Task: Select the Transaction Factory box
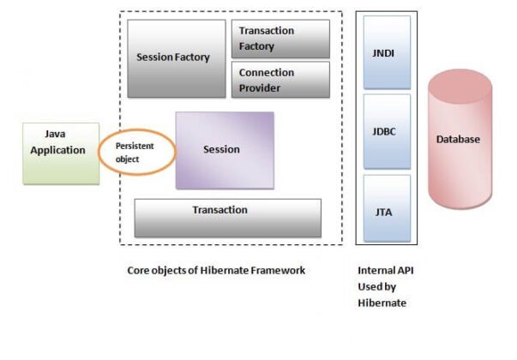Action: [280, 39]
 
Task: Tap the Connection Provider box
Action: [280, 80]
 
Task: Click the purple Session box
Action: [225, 150]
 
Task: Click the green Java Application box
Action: [59, 153]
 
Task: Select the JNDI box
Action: [387, 52]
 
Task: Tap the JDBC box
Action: [387, 131]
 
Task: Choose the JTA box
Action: [387, 208]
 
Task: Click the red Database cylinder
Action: [460, 141]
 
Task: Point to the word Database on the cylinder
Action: [459, 140]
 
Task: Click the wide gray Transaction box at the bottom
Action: [227, 218]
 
